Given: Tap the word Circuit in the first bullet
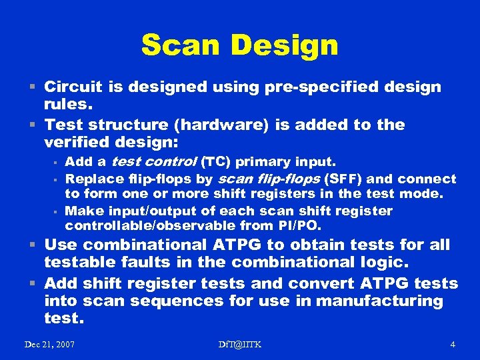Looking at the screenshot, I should click(75, 87).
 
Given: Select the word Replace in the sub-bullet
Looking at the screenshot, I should click(91, 179).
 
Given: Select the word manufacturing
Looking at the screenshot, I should click(379, 301).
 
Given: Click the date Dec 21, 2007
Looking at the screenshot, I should click(49, 345).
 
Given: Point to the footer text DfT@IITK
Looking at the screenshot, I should click(240, 345).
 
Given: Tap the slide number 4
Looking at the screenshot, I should click(453, 345).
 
